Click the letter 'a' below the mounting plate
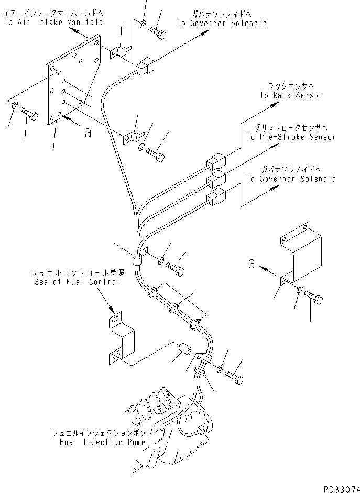[x=88, y=133]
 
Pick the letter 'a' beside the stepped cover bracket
[x=253, y=264]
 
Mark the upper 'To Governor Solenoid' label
[x=221, y=23]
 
